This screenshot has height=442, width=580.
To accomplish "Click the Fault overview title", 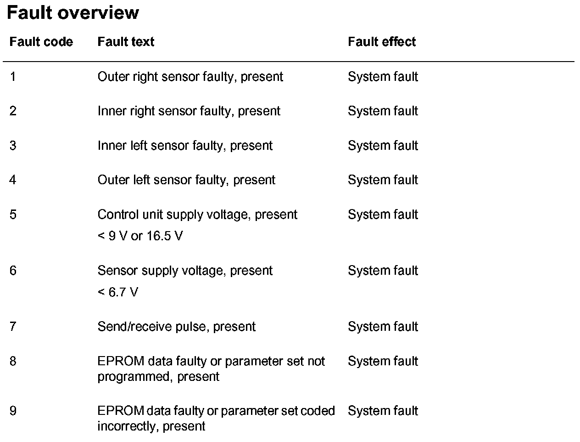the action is [72, 13].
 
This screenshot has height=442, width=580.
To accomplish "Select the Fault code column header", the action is [41, 42].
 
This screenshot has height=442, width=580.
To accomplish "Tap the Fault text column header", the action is [126, 42].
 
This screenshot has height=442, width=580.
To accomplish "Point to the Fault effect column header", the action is [382, 42].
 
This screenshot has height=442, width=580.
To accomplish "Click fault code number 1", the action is [13, 77].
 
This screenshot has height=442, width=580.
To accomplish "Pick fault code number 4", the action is [13, 180].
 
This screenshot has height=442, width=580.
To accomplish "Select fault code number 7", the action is [13, 327].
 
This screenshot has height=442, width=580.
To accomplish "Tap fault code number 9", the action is [13, 411].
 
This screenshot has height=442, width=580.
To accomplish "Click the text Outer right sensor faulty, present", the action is [190, 77].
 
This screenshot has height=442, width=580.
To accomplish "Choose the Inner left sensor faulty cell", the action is [185, 146].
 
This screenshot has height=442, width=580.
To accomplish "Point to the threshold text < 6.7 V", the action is [117, 292].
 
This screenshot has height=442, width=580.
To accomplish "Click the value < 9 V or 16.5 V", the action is [140, 236].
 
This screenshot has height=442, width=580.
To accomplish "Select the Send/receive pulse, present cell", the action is [176, 327].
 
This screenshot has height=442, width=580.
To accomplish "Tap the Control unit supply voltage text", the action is [197, 215].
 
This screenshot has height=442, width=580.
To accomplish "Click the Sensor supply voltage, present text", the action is [185, 271].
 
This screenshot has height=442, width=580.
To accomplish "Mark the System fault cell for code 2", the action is [383, 111].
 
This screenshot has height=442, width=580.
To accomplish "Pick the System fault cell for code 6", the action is [383, 271].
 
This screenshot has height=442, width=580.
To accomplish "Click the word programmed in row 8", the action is [134, 377].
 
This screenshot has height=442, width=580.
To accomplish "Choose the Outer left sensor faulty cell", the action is [186, 180].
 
